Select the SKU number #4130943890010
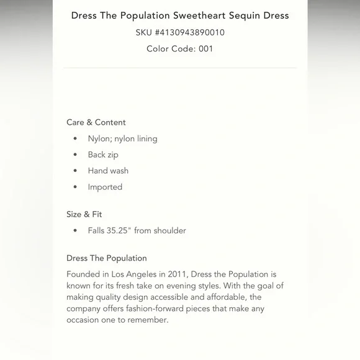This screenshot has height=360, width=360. [189, 32]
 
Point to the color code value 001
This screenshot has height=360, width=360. [205, 48]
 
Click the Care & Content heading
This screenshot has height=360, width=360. [96, 122]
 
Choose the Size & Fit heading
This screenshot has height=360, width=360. [84, 214]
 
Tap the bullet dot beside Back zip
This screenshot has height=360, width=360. [75, 155]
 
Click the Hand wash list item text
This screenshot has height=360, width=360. [108, 171]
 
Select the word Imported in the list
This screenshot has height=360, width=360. [105, 187]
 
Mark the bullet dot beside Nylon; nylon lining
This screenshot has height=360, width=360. [75, 139]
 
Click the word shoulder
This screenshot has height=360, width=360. [169, 230]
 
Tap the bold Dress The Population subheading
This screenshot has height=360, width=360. [107, 258]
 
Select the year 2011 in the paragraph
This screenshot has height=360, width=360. [176, 274]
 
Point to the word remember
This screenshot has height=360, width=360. [147, 320]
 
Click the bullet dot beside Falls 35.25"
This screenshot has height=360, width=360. [75, 231]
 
